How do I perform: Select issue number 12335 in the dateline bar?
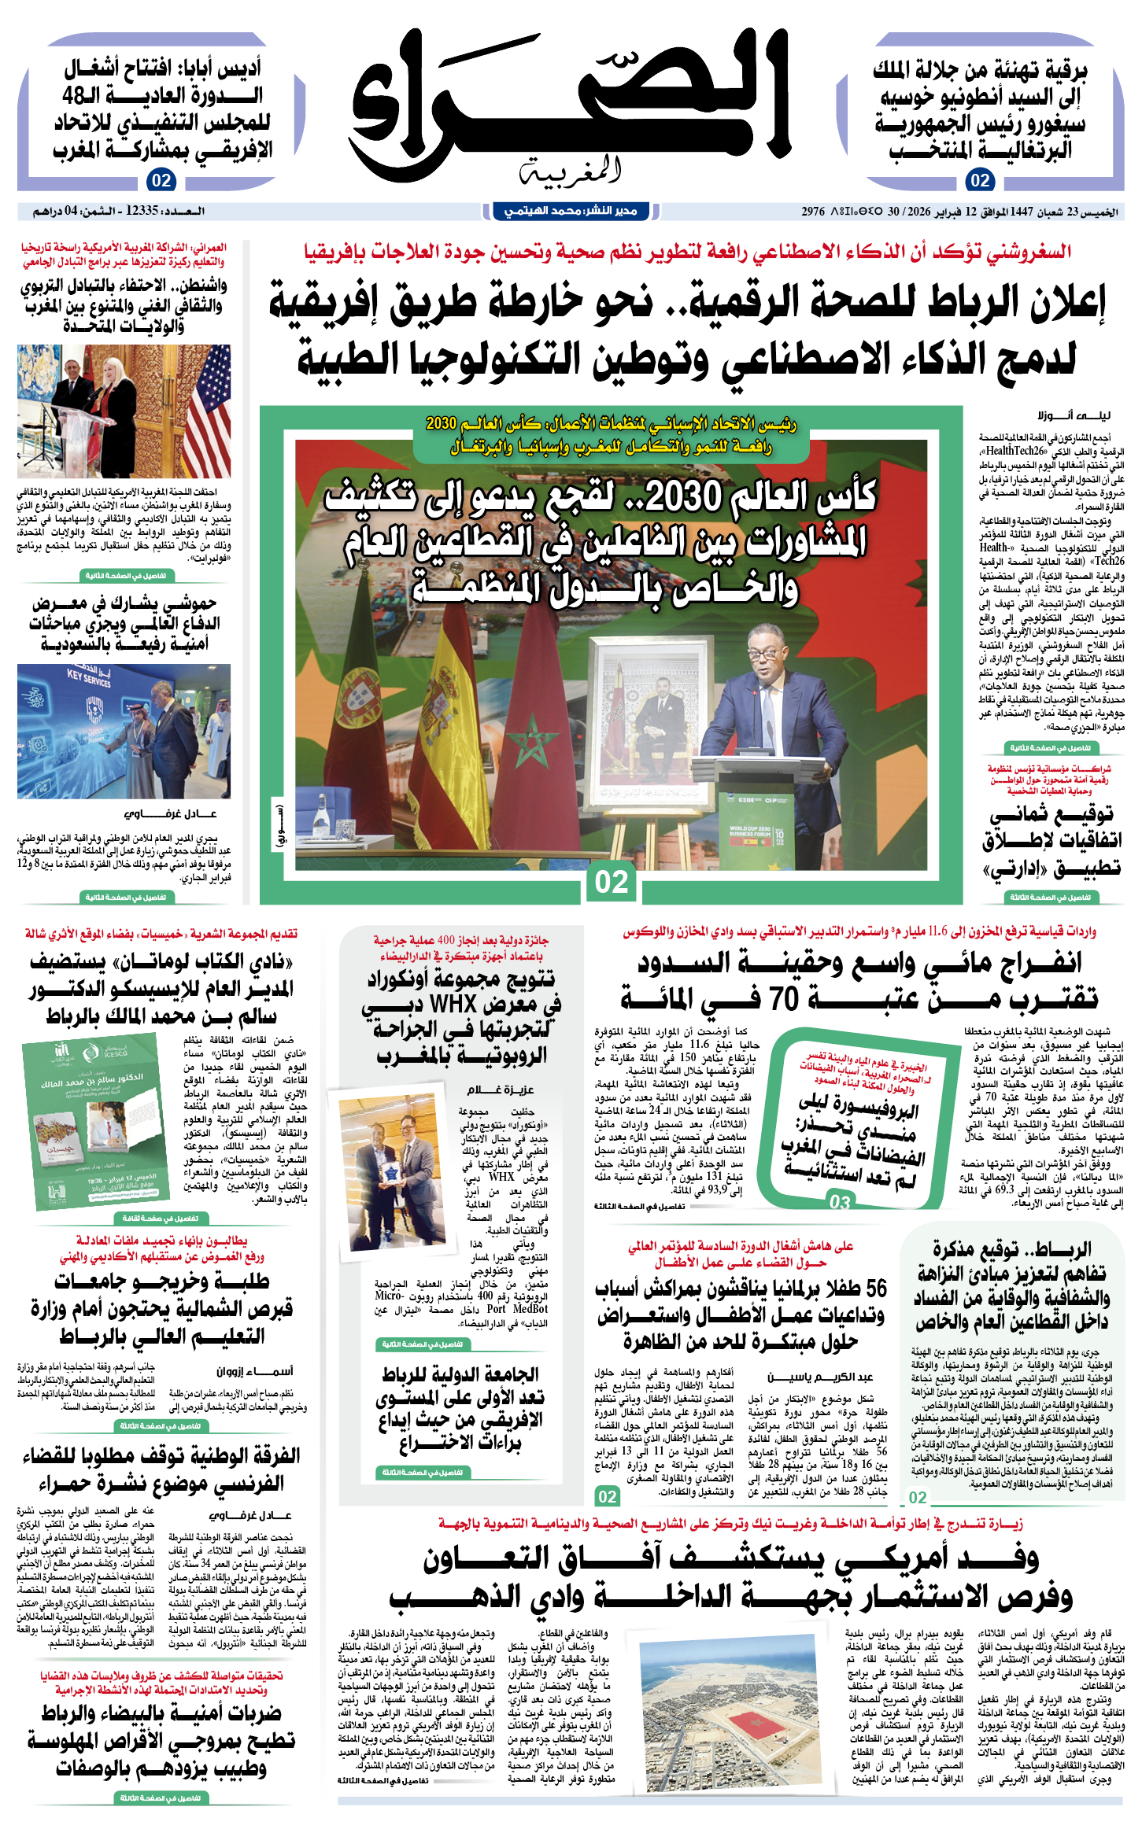tap(142, 211)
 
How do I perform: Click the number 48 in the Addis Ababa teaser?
tap(78, 96)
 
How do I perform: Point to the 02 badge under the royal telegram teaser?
tap(980, 180)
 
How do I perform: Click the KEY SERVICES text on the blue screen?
tap(88, 679)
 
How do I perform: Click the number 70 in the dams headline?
tap(783, 999)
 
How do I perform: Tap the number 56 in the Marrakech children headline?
tap(876, 1289)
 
